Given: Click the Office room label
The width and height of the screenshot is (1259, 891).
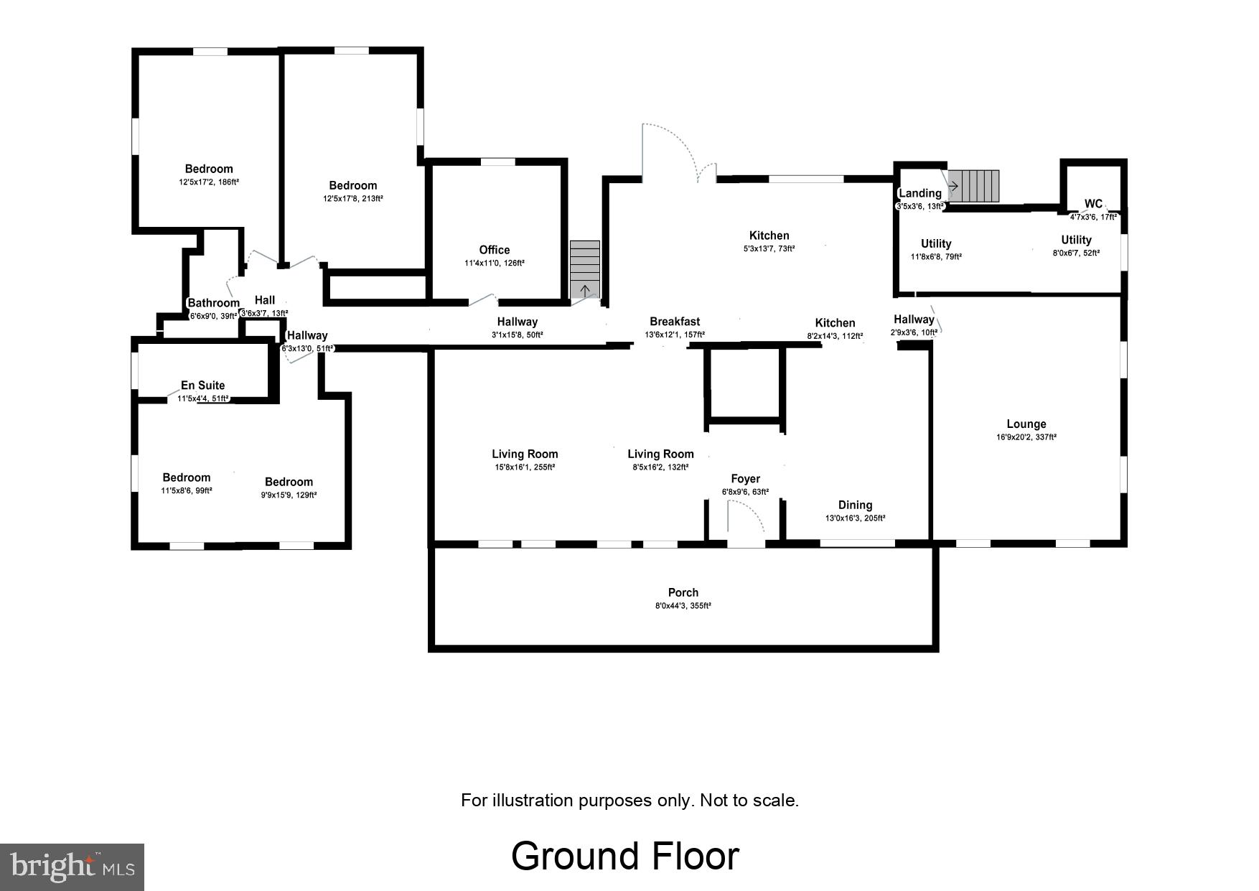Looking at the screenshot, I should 494,250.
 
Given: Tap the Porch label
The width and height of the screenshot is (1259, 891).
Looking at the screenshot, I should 683,592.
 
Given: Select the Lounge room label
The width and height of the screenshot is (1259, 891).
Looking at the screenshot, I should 1026,424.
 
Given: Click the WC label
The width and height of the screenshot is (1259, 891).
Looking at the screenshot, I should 1092,204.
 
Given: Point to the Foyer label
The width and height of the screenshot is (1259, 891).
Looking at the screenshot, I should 745,479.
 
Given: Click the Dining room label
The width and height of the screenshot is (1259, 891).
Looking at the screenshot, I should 855,505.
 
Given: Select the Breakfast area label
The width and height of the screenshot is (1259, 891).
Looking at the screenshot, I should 675,322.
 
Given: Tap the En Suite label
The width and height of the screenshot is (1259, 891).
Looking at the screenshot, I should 202,386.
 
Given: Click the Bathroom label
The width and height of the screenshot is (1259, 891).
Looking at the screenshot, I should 213,303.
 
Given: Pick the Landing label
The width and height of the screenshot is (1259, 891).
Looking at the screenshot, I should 919,193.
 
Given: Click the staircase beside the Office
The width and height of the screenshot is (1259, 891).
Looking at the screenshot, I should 585,269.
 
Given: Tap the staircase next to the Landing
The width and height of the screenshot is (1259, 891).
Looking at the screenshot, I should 973,186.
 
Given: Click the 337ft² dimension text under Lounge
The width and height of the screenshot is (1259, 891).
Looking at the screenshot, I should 1026,437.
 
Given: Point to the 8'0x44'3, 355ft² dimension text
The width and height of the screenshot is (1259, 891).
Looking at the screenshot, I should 683,606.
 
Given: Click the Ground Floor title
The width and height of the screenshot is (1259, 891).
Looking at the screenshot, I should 624,856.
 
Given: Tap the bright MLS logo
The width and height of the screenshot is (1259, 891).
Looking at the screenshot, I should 72,867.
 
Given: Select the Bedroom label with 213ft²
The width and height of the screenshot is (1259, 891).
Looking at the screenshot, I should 352,185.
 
